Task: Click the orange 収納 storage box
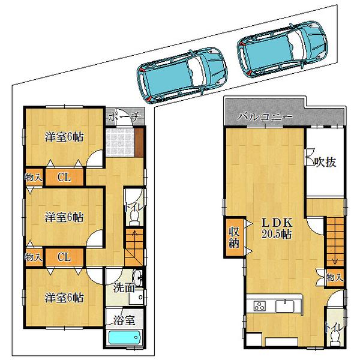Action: point(233,239)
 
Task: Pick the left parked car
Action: point(181,73)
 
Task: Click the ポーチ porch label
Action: point(125,118)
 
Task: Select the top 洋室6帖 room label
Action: point(64,137)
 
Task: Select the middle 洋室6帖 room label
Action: point(64,216)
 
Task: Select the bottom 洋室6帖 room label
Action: point(64,296)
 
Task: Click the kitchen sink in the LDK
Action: point(286,306)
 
